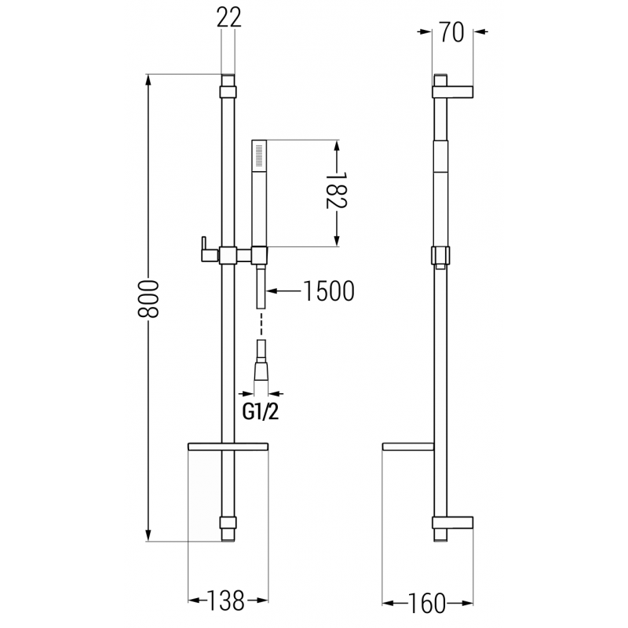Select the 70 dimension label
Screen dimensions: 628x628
click(453, 31)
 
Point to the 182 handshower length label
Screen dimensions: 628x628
click(337, 192)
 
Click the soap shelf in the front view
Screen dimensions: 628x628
click(228, 447)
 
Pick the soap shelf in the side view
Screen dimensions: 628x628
click(408, 447)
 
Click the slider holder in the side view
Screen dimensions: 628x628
click(441, 255)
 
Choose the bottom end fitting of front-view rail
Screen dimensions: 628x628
click(228, 528)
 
